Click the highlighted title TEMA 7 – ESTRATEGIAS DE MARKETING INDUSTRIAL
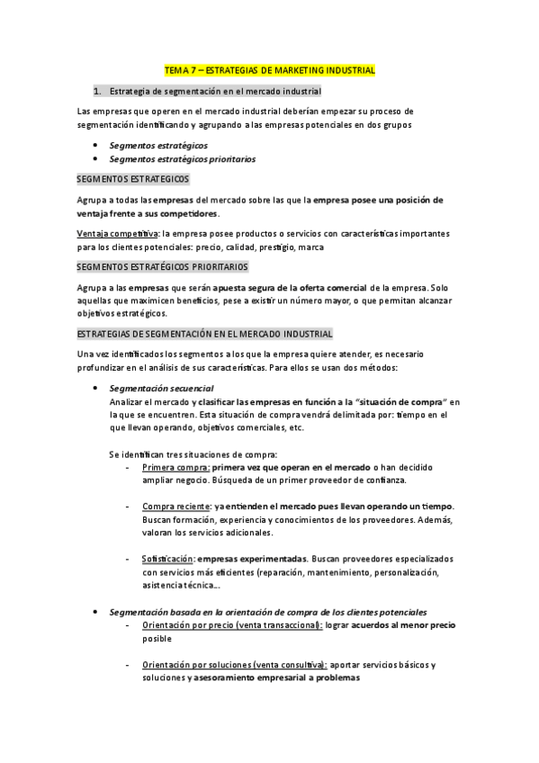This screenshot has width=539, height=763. pos(270,70)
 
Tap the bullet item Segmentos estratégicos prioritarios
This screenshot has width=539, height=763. pos(182,158)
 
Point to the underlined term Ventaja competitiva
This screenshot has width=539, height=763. pos(112,233)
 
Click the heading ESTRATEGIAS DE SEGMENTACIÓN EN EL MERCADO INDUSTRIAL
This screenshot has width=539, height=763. pos(205,334)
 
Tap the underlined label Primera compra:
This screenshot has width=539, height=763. pos(175,468)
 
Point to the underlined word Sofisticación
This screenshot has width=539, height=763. pos(167,559)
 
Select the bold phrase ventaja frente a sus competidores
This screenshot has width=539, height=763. pos(148,213)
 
